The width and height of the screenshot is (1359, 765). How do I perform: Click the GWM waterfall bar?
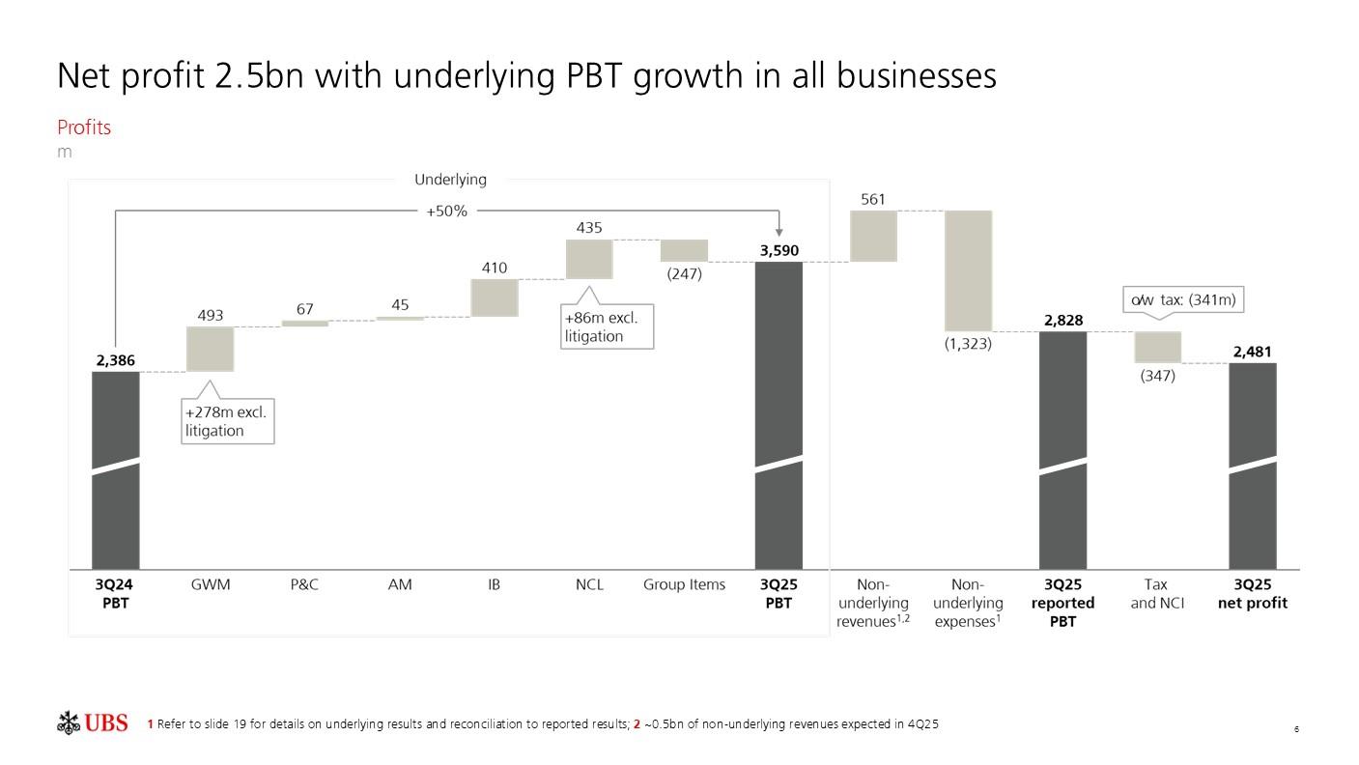pos(211,349)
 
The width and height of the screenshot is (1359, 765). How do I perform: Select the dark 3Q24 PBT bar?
pos(116,469)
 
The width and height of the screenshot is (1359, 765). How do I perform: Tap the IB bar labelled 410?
pos(495,297)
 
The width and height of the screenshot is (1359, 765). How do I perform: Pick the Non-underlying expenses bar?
pos(968,270)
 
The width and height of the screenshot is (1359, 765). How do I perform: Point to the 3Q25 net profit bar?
pos(1253,466)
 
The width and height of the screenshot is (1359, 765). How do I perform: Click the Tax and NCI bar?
pos(1157,347)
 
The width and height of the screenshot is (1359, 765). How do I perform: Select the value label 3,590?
pos(779,251)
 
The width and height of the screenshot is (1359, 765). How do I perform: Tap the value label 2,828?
pos(1062,321)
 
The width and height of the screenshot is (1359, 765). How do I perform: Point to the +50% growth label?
pos(446,211)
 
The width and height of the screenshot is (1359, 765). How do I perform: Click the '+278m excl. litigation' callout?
pos(228,422)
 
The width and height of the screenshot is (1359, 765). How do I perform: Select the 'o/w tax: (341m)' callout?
pos(1182,300)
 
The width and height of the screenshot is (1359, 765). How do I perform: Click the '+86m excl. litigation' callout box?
pos(608,326)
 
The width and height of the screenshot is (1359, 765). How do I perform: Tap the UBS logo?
pos(93,723)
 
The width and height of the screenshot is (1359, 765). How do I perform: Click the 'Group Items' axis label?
pos(684,584)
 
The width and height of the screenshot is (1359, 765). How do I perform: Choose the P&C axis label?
pos(304,584)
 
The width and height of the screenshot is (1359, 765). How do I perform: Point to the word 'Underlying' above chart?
pos(450,180)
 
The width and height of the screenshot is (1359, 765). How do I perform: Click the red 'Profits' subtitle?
pos(84,127)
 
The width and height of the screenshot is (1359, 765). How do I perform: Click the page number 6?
pos(1296,729)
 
